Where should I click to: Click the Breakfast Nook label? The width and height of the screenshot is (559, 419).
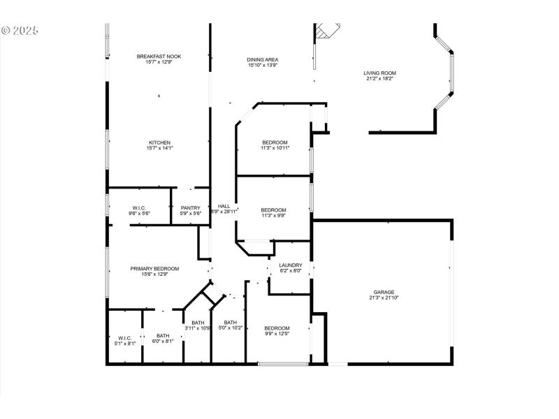tap(160, 56)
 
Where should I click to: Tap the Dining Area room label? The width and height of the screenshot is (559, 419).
tap(262, 60)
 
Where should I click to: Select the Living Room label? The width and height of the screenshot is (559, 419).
tap(379, 73)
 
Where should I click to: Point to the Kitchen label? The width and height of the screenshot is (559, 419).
tap(160, 143)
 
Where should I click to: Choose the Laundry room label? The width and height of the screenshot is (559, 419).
tap(291, 265)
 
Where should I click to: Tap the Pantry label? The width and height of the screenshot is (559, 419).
tap(191, 207)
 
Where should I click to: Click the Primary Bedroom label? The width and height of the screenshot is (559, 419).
tap(154, 269)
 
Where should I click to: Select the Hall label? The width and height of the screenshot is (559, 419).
tap(224, 206)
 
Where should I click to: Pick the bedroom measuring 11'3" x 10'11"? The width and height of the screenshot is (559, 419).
tap(275, 145)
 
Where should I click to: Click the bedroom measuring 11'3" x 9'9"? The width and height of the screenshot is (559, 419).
tap(273, 213)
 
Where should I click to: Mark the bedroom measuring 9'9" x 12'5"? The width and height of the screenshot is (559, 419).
tap(277, 331)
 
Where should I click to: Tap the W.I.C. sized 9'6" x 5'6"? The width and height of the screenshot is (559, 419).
tap(138, 210)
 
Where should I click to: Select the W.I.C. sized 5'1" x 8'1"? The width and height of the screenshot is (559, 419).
tap(125, 341)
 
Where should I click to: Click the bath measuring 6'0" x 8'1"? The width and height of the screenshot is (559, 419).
tap(163, 338)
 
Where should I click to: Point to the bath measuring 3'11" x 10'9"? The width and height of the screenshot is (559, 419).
tap(198, 325)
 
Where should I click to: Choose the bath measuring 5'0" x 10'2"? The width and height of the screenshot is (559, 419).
tap(230, 325)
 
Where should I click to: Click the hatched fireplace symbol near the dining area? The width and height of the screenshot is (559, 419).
tap(327, 31)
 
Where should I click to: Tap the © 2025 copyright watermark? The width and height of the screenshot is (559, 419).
tap(20, 31)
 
